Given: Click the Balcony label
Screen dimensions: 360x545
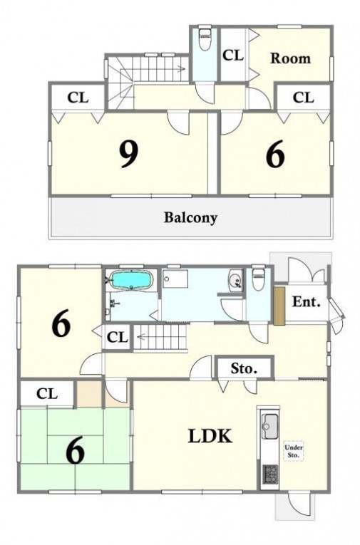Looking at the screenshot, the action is (190, 218).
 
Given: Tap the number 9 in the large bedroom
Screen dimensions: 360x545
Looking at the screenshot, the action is (129, 155).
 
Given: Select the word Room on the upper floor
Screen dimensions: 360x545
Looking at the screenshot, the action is (290, 58).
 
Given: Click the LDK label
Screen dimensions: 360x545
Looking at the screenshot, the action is (210, 436).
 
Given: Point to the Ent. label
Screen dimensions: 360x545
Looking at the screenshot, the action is (306, 301).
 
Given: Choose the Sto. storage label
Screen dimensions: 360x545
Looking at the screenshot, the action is (244, 368).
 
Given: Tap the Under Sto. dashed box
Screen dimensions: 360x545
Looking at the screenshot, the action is (294, 451).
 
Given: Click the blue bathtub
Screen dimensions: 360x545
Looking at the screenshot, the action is (131, 280).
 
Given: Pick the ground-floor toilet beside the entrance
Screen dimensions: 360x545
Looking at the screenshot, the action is (258, 278).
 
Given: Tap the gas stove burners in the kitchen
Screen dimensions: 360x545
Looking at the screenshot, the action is (270, 474).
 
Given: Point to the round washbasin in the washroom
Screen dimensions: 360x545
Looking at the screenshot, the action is (235, 279).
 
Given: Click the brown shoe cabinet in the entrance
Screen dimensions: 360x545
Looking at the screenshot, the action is (279, 306).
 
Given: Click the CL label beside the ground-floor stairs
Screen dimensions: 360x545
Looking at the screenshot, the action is (117, 337).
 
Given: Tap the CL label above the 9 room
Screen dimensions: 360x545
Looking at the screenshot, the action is (78, 98).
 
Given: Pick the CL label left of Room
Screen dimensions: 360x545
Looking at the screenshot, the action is (233, 55).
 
